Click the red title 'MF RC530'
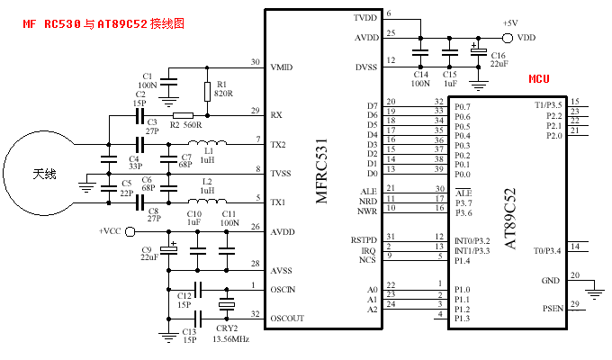(51, 24)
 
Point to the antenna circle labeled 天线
(43, 173)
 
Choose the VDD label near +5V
(527, 38)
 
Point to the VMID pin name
(283, 67)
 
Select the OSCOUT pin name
(288, 318)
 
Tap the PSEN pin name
(552, 310)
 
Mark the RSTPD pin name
(362, 239)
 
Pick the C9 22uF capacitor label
(149, 253)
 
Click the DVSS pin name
(365, 66)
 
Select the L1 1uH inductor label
(208, 154)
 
